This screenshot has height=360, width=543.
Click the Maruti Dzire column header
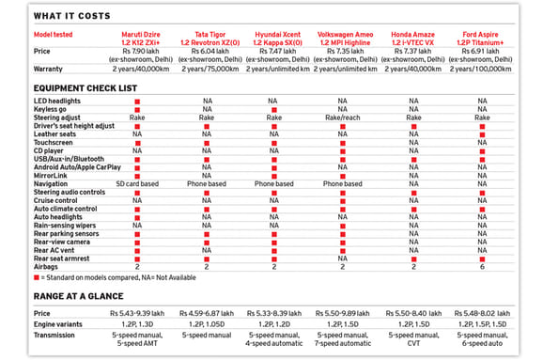pyautogui.click(x=138, y=39)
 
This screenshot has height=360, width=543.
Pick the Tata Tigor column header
pyautogui.click(x=207, y=39)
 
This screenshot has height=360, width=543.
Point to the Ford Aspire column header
pyautogui.click(x=481, y=39)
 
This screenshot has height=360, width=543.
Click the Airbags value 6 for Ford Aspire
pyautogui.click(x=481, y=266)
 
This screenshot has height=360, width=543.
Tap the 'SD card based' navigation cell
pyautogui.click(x=138, y=183)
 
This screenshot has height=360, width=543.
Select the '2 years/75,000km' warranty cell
pyautogui.click(x=207, y=70)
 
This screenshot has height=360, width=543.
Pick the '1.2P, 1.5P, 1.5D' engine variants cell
pyautogui.click(x=481, y=323)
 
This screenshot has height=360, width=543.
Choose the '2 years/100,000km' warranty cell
pyautogui.click(x=481, y=70)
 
